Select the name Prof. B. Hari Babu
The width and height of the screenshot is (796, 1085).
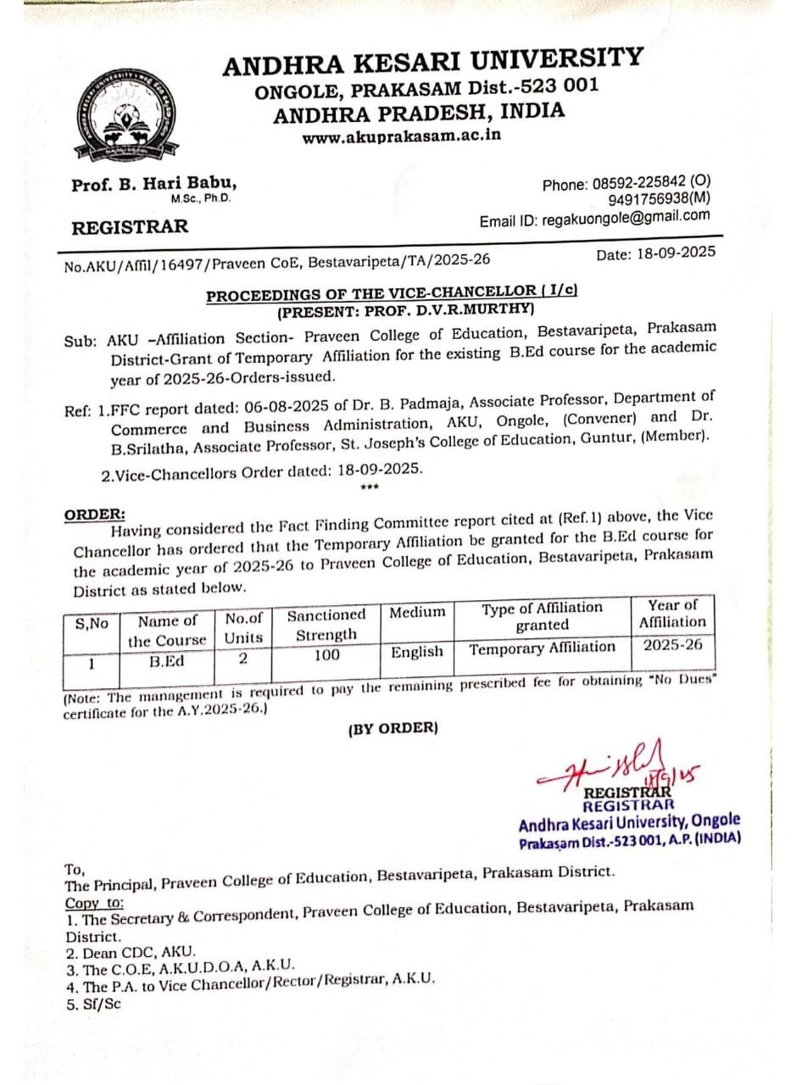coord(154,184)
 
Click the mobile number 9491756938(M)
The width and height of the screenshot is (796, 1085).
coord(660,199)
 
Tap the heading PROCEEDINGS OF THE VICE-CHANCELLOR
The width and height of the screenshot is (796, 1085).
coord(392,293)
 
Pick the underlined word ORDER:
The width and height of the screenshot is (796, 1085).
coord(95,515)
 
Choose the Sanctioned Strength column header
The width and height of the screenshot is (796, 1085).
coord(326,625)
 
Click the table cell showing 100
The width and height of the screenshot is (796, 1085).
coord(326,654)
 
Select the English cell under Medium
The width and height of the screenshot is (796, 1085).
coord(417,652)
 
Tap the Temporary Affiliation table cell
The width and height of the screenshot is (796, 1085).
coord(543,648)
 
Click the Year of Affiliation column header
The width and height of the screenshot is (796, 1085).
coord(672,614)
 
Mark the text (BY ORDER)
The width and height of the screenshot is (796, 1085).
coord(392,727)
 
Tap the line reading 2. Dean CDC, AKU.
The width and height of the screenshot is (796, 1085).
coord(131,952)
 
